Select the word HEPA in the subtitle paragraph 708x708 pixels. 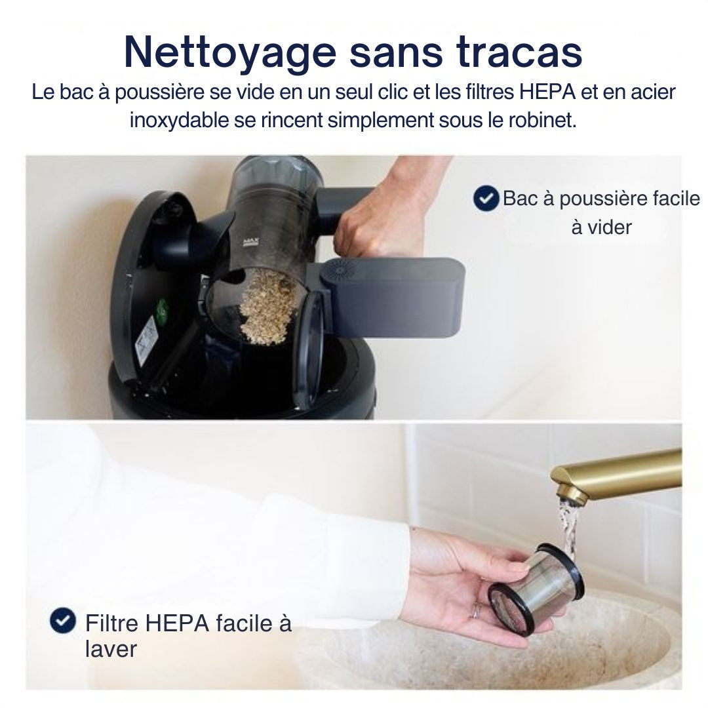(547, 92)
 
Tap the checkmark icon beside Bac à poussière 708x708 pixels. (486, 198)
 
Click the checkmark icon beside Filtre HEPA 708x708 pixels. (63, 620)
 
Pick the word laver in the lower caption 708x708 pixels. (111, 649)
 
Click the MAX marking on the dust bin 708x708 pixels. (249, 243)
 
